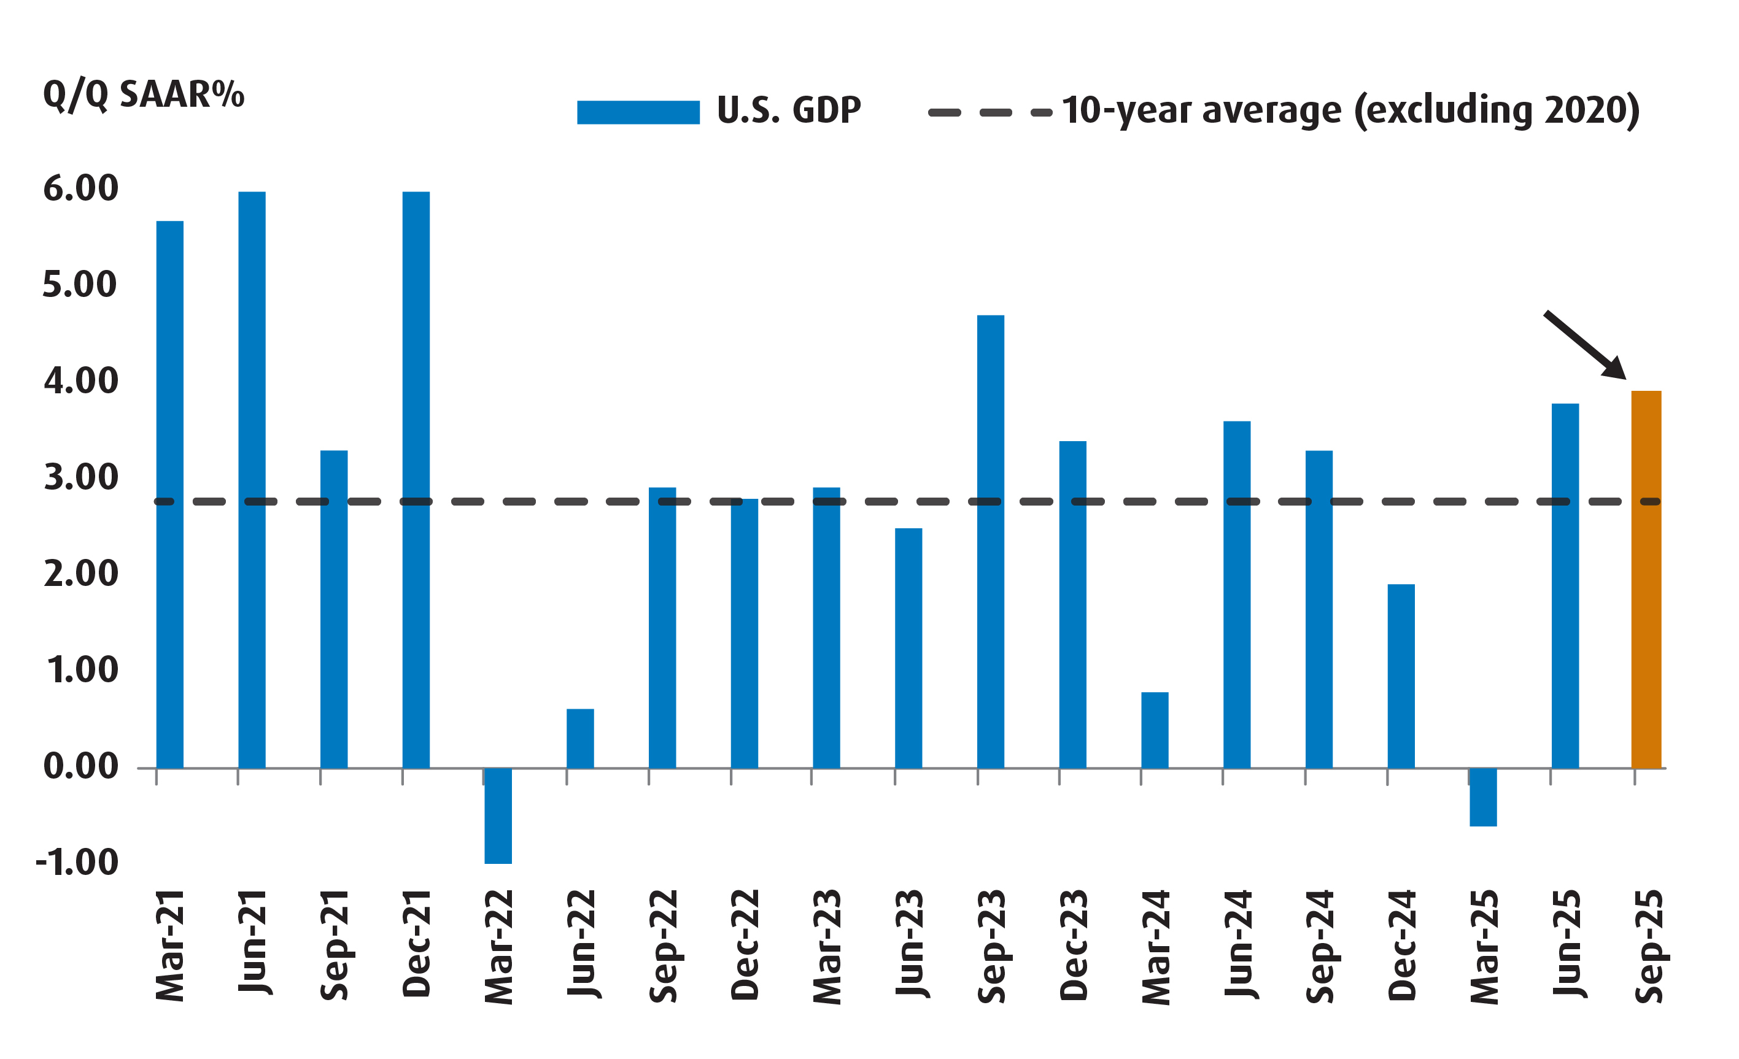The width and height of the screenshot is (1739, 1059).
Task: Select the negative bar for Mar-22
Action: coord(498,815)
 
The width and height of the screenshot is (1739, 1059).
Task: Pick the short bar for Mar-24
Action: coord(1155,730)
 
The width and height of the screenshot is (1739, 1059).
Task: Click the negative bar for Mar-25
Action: coord(1483,796)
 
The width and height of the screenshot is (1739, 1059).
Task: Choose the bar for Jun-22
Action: coord(580,738)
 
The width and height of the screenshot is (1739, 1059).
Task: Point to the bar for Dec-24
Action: coord(1401,676)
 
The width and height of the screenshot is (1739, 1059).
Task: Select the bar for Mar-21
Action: coord(169,494)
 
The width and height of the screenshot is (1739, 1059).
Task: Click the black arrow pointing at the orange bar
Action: coord(1584,344)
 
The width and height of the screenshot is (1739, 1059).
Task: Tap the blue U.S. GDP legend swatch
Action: coord(638,112)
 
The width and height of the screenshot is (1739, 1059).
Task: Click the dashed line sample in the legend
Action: coord(990,112)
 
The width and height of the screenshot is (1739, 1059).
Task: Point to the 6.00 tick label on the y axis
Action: coord(80,188)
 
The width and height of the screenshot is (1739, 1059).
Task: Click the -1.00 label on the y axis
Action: coord(77,862)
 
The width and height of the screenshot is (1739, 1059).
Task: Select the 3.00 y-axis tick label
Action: coord(80,477)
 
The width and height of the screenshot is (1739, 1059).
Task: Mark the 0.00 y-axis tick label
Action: coord(80,766)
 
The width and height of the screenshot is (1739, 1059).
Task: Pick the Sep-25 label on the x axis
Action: coord(1649,945)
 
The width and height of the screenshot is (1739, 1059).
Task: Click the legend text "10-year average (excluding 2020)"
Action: coord(1350,111)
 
